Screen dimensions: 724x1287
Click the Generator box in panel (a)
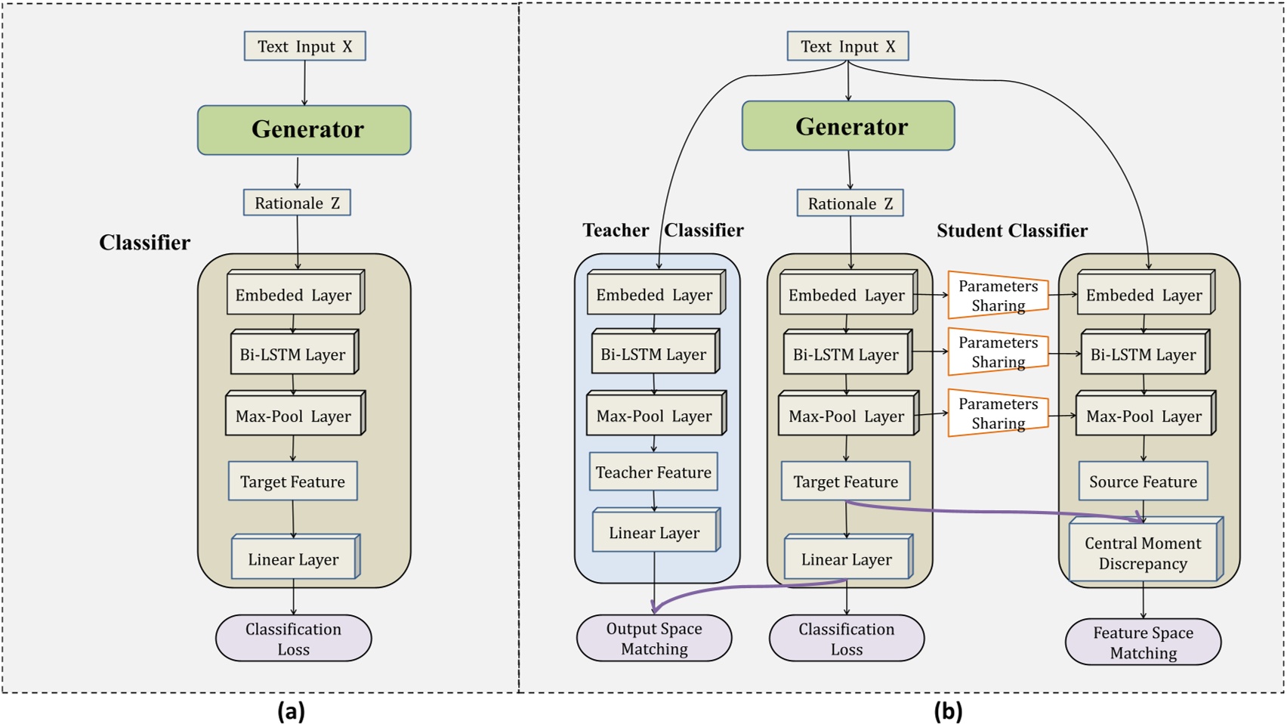[304, 130]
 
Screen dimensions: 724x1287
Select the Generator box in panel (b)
[848, 126]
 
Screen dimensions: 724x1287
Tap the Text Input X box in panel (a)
[304, 46]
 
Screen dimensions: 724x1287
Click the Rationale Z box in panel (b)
[850, 203]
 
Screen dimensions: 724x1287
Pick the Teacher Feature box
[653, 472]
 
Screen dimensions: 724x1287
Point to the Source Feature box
[1143, 481]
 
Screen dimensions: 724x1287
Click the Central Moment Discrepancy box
[1143, 553]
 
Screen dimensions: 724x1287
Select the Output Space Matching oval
[654, 639]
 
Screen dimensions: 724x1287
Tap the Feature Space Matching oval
[1143, 642]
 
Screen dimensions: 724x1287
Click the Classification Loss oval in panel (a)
[293, 639]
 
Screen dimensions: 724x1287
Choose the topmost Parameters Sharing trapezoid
[998, 295]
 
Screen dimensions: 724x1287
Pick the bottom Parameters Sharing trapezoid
[998, 413]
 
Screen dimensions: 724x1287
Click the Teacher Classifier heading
[662, 231]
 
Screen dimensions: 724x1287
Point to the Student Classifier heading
[1012, 231]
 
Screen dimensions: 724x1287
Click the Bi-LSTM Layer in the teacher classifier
[654, 354]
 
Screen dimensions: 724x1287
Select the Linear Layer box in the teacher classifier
[654, 532]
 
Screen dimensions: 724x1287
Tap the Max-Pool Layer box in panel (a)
[294, 416]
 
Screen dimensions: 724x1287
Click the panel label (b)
[948, 711]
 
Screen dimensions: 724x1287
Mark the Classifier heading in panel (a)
[144, 243]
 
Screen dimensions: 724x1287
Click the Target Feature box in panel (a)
[293, 481]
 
